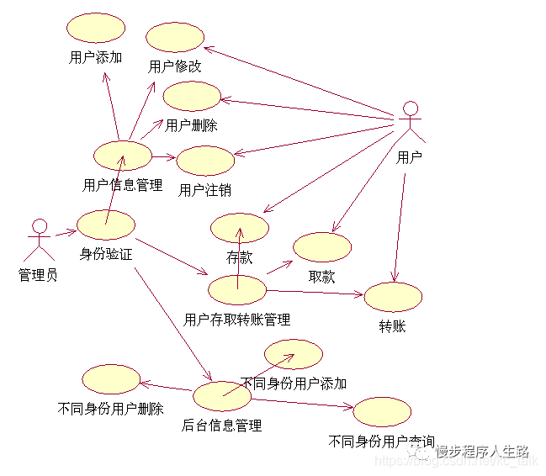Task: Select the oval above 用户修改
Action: coord(175,37)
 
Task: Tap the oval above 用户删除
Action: coord(192,97)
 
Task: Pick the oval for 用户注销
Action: coord(204,161)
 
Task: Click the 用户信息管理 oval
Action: coord(123,156)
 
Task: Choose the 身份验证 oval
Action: coord(106,224)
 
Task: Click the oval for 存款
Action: coord(239,228)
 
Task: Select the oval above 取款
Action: coord(322,247)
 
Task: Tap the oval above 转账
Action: coord(393,297)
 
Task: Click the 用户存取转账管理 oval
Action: coord(237,289)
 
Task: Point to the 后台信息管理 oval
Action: coord(222,394)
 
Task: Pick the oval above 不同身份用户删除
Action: coord(111,379)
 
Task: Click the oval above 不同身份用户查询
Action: coord(382,412)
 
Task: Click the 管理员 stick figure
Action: coord(38,241)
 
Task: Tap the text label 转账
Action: coord(393,325)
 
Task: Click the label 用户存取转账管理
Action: coord(237,320)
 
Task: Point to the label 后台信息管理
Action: coord(222,426)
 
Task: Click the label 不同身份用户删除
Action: coord(111,410)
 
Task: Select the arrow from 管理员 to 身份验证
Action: coord(66,230)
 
